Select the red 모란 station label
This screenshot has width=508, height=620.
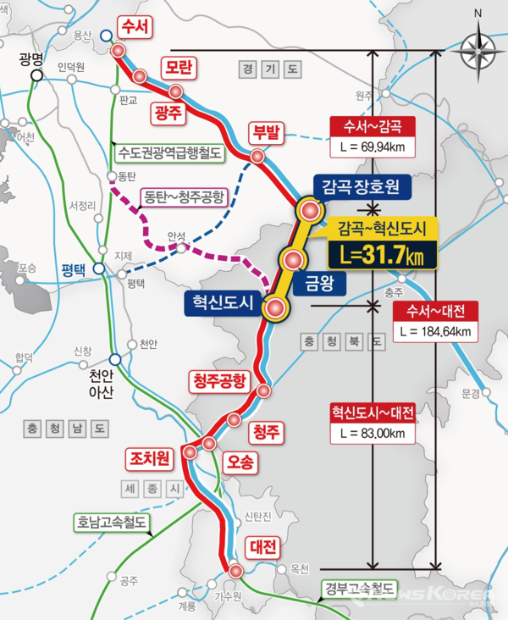(x=180, y=66)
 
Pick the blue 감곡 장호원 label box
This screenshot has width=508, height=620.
(x=362, y=184)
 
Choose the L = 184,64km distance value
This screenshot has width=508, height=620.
(x=436, y=330)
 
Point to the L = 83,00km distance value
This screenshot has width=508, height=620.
(x=373, y=433)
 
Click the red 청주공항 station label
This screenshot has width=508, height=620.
(x=218, y=380)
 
